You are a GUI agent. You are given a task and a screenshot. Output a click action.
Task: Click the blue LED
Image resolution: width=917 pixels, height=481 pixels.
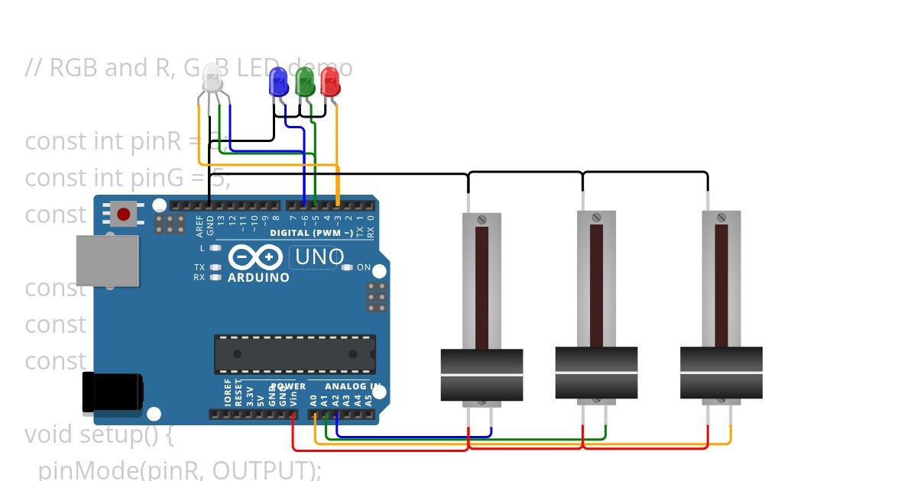click(x=279, y=82)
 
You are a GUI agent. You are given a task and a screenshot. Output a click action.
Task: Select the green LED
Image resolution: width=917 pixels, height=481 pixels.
click(x=305, y=82)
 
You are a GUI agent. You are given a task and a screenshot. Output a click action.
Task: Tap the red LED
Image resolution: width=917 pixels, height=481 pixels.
click(x=330, y=82)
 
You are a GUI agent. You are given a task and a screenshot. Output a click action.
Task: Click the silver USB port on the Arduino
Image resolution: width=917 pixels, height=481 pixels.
click(x=108, y=260)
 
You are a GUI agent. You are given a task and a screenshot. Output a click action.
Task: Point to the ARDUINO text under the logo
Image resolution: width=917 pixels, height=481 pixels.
click(x=258, y=278)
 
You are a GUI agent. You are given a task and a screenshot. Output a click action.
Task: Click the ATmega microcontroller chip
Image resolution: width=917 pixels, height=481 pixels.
click(x=294, y=354)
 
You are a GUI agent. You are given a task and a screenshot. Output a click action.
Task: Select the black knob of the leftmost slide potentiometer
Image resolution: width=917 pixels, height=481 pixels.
click(x=481, y=375)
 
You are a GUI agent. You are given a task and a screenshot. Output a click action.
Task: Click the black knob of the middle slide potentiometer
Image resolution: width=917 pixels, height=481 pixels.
click(x=596, y=373)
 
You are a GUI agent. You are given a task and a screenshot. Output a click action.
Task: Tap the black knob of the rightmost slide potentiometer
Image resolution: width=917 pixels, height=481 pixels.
click(x=721, y=373)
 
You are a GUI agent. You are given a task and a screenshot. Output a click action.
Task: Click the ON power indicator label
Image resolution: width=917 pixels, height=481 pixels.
click(x=364, y=268)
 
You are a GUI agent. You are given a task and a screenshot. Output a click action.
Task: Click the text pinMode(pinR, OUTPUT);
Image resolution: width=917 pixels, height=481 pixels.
click(x=180, y=470)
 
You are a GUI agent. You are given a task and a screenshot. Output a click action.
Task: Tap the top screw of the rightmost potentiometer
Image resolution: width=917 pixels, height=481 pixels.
click(x=721, y=219)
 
